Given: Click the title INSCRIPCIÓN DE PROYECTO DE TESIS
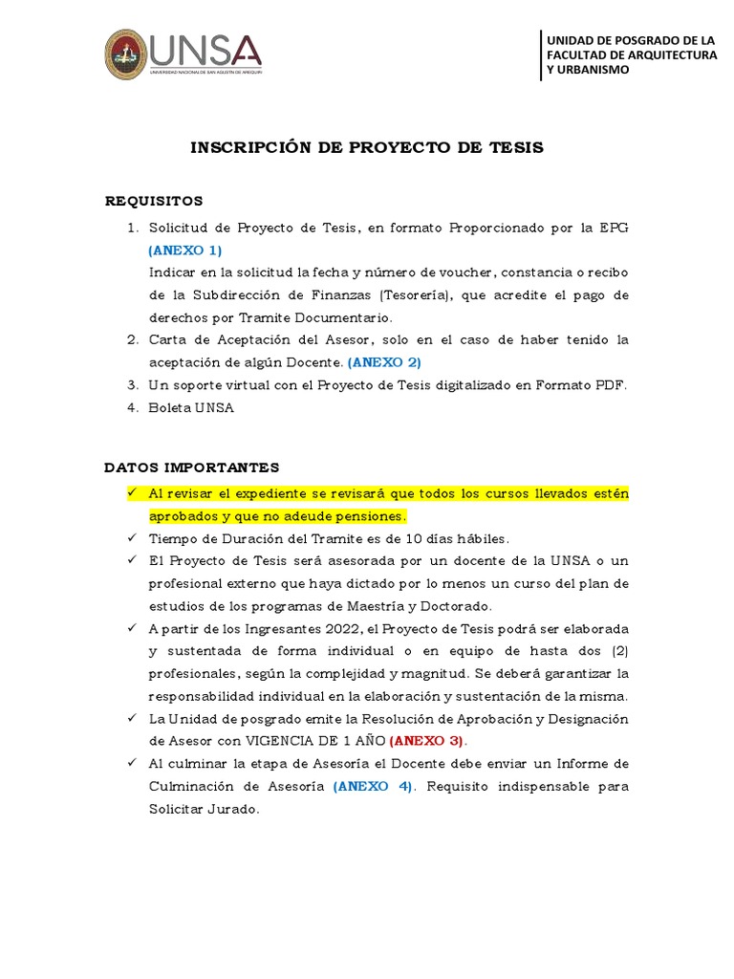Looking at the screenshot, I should [x=367, y=147].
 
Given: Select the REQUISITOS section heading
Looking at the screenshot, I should [x=154, y=201].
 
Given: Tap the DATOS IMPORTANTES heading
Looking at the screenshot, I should [x=191, y=468].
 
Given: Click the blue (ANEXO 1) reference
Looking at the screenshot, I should [x=184, y=250].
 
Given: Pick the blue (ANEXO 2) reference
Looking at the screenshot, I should [x=384, y=362].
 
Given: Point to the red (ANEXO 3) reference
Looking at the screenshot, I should [x=427, y=741].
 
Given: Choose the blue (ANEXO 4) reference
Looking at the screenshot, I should [x=374, y=786].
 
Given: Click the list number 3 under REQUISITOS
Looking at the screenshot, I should [x=133, y=385].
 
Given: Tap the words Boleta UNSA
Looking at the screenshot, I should [x=191, y=407].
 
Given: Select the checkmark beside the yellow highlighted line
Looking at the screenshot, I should [x=133, y=492].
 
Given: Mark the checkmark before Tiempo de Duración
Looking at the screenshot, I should [x=133, y=537].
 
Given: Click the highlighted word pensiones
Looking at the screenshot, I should [x=374, y=516].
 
